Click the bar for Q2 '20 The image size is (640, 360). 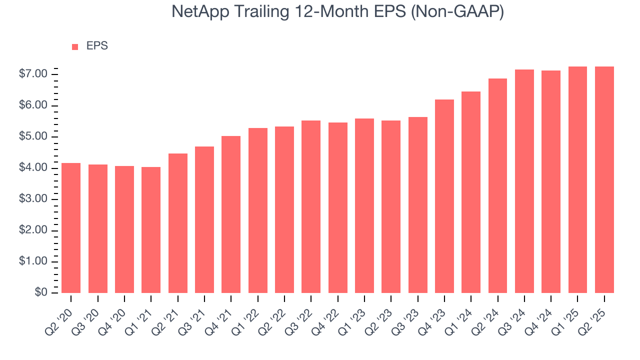(x=71, y=228)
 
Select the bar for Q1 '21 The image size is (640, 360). (x=151, y=230)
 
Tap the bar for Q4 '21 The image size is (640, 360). (x=231, y=214)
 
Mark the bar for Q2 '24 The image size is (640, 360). (x=497, y=185)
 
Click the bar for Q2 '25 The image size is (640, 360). (x=604, y=179)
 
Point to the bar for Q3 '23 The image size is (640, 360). (x=417, y=205)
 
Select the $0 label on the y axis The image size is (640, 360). (x=41, y=293)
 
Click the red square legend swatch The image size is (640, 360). (x=75, y=46)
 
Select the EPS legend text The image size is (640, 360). (x=97, y=46)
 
